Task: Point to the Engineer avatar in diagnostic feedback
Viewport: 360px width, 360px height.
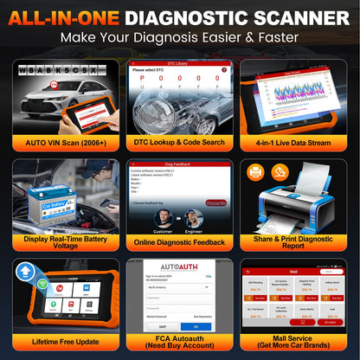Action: click(195, 219)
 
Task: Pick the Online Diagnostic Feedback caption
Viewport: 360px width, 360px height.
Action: click(180, 243)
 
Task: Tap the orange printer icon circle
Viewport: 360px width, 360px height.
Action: click(256, 171)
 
